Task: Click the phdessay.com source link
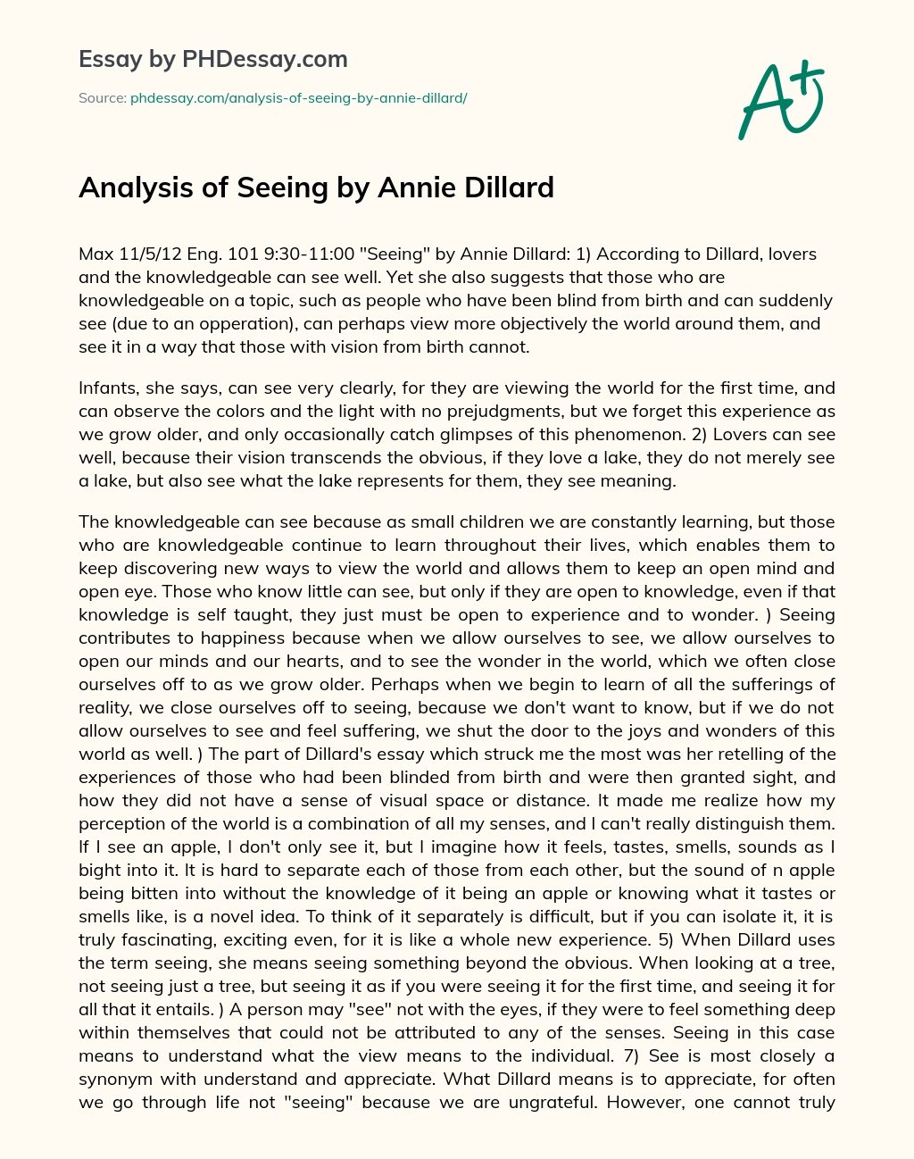point(299,97)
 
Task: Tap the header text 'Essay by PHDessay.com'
point(213,59)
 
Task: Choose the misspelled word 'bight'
point(101,870)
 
